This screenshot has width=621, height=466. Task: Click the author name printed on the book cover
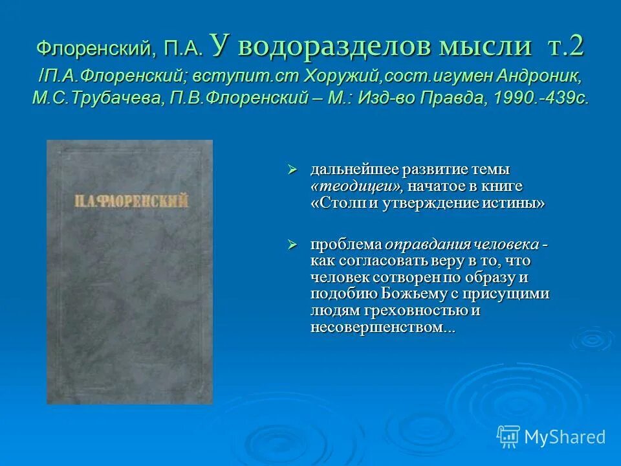click(129, 201)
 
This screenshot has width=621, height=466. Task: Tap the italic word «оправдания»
click(424, 245)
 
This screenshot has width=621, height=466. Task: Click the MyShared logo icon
click(508, 436)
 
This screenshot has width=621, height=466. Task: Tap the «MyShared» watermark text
click(565, 437)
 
